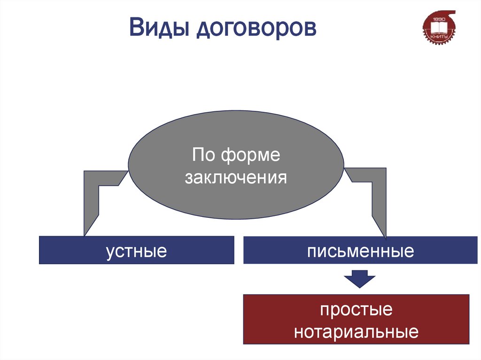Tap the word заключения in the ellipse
236,177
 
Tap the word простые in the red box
356,310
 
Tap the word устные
136,251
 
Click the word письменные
360,251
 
